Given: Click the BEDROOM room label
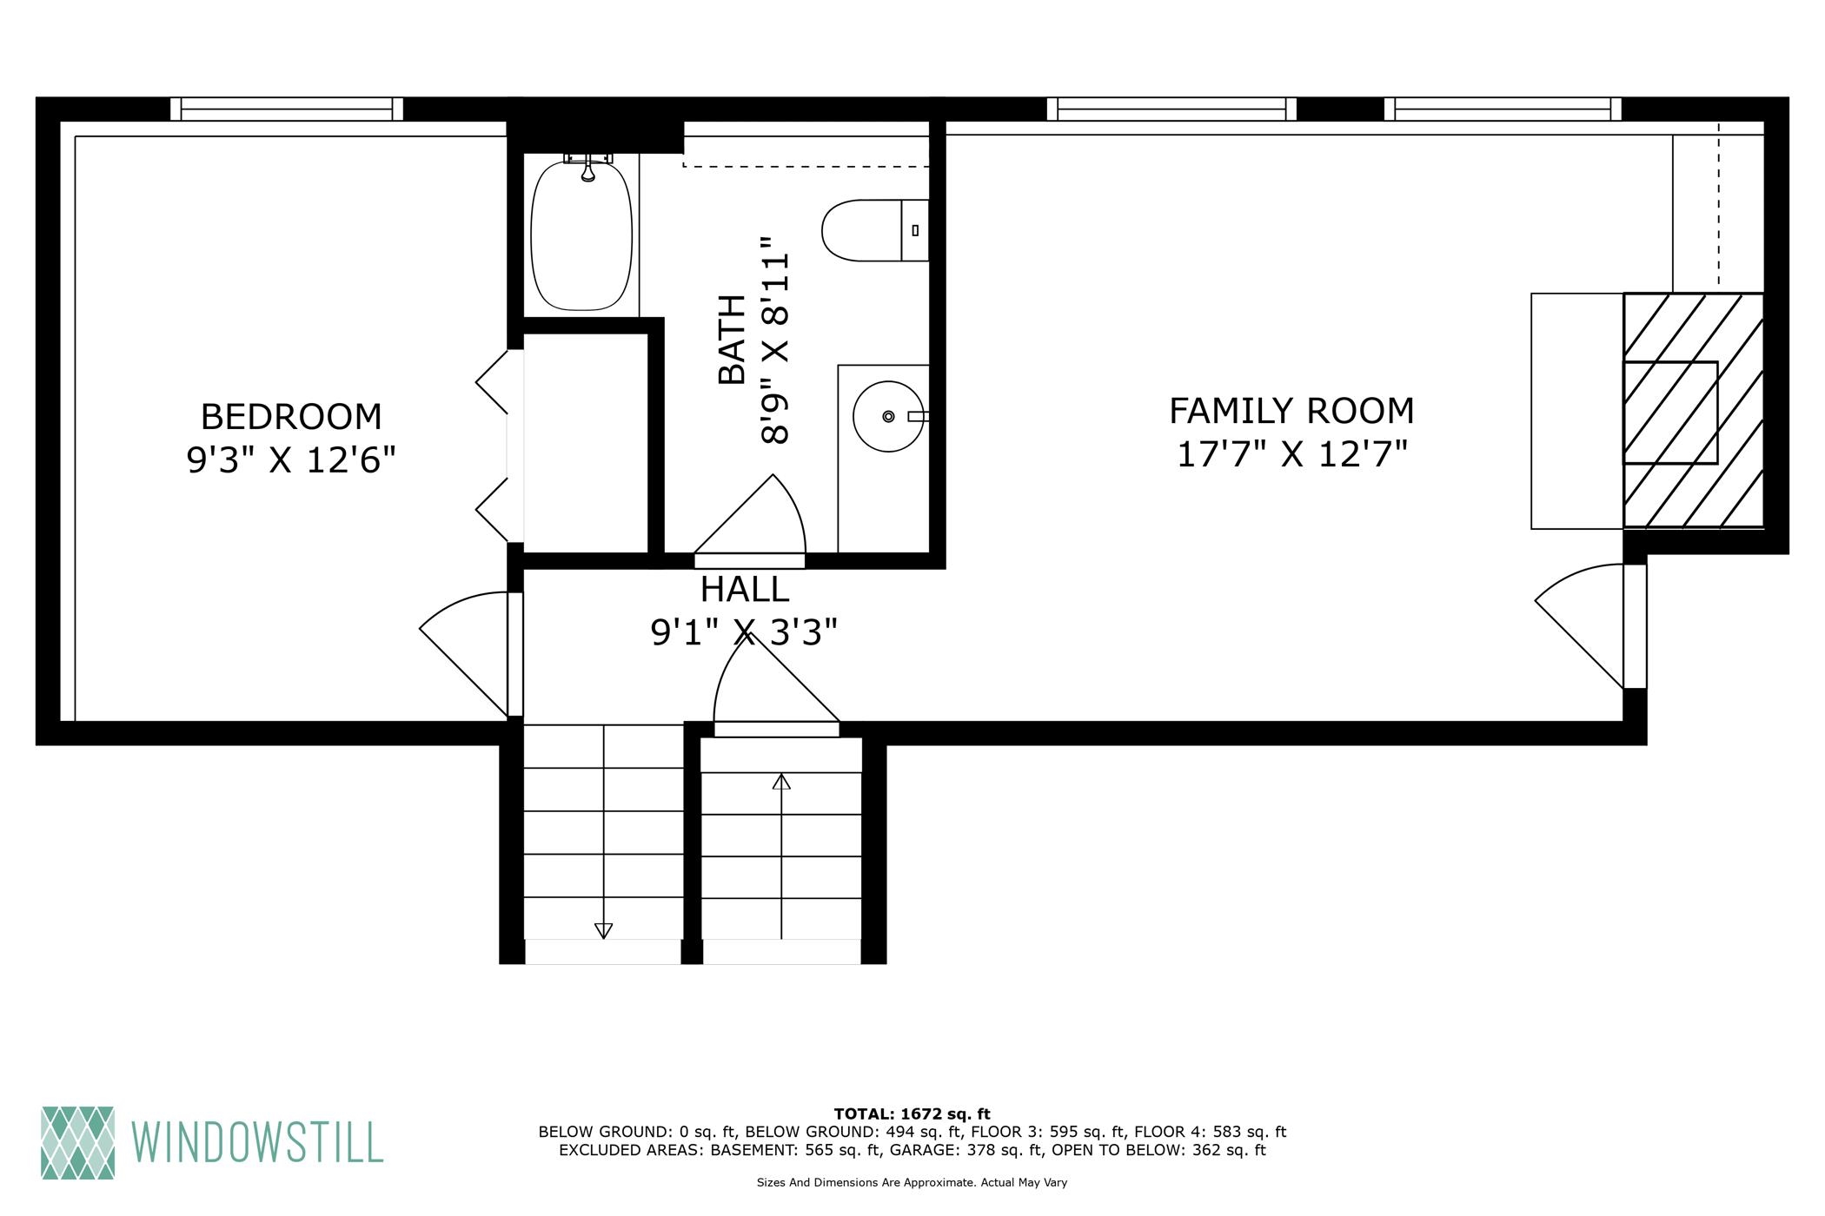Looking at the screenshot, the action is (291, 417).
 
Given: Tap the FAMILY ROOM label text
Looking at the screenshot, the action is (1291, 411).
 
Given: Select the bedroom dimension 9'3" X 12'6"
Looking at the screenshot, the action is (291, 459).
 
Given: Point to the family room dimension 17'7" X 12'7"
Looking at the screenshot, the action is (1291, 454).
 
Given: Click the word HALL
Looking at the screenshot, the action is (745, 590).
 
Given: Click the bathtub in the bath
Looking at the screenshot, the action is (581, 235).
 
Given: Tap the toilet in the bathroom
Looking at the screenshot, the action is (875, 230).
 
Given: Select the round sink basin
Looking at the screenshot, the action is (888, 417).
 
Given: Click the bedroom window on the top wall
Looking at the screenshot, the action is (287, 109).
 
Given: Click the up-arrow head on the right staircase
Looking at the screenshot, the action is (781, 782).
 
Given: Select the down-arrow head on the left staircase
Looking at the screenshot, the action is (603, 930).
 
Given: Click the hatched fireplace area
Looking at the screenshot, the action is (1694, 410).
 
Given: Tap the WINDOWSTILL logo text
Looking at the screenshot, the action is (257, 1142).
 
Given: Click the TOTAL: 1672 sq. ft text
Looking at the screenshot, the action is (912, 1114).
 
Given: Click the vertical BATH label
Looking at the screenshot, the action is (733, 340).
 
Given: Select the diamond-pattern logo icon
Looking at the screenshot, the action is (77, 1142).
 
